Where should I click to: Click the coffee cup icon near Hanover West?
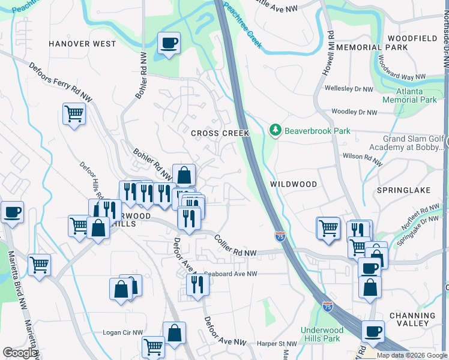[169, 43]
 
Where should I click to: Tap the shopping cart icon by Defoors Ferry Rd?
[74, 113]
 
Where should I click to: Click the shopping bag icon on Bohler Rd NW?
[184, 176]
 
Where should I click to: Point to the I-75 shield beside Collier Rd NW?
[280, 236]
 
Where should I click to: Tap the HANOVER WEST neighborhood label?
[82, 44]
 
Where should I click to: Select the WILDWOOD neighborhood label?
[294, 184]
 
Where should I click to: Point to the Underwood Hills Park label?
[322, 334]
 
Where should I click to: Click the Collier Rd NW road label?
[235, 246]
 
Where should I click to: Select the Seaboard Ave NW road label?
[231, 274]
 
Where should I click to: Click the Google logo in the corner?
[20, 353]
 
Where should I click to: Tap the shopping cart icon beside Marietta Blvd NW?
[39, 264]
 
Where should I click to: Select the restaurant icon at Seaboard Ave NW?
[197, 285]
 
